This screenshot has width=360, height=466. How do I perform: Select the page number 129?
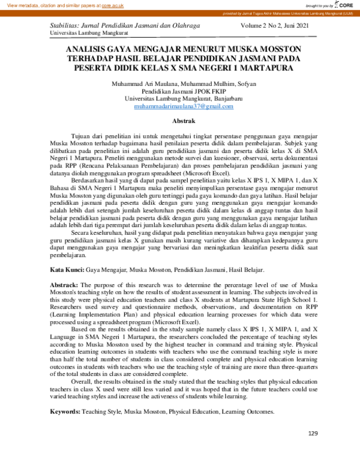coord(313,434)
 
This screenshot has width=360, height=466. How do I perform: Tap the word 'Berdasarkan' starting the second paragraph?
coord(88,179)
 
